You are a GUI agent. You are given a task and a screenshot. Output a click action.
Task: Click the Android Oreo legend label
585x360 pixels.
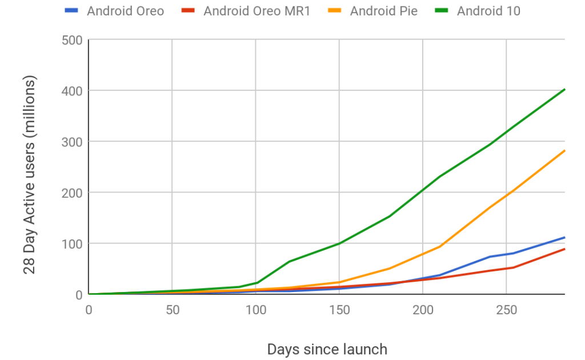pyautogui.click(x=125, y=10)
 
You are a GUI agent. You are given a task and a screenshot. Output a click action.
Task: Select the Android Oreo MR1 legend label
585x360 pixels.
pyautogui.click(x=257, y=10)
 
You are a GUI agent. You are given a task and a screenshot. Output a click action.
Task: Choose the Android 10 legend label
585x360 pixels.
pyautogui.click(x=488, y=10)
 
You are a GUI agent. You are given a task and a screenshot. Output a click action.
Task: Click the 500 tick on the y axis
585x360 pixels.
pyautogui.click(x=72, y=40)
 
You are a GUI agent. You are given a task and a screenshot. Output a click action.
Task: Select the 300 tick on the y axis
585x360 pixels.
pyautogui.click(x=72, y=142)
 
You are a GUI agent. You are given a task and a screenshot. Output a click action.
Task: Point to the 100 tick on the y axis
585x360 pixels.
pyautogui.click(x=72, y=243)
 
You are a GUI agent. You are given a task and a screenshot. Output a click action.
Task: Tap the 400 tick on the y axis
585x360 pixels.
pyautogui.click(x=72, y=91)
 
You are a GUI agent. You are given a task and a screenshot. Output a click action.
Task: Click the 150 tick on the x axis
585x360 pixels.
pyautogui.click(x=339, y=310)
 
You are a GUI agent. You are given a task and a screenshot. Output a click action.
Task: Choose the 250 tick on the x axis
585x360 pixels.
pyautogui.click(x=507, y=310)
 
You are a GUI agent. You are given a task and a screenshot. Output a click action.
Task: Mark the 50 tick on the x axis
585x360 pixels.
pyautogui.click(x=172, y=310)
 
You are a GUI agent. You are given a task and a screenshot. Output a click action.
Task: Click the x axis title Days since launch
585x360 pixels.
pyautogui.click(x=327, y=349)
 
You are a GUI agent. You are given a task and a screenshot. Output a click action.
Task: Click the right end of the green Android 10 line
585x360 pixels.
pyautogui.click(x=564, y=89)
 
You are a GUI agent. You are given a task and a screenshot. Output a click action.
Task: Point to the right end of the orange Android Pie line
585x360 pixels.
pyautogui.click(x=564, y=151)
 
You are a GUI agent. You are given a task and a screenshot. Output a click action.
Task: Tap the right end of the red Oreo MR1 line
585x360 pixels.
pyautogui.click(x=564, y=249)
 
